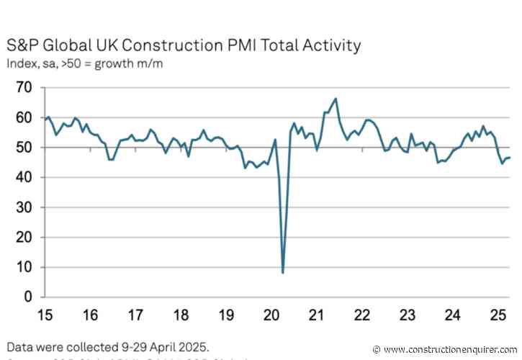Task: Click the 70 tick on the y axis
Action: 24,88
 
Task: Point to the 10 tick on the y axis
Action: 24,267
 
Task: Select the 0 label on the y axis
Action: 28,297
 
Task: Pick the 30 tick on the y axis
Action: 24,207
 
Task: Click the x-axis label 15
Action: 45,315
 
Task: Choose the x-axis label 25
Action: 498,315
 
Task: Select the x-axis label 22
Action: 361,315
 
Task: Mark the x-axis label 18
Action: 181,315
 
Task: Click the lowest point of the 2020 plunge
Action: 283,272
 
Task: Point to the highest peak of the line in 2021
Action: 336,99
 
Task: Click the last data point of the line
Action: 510,158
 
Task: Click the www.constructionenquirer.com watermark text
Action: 450,349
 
